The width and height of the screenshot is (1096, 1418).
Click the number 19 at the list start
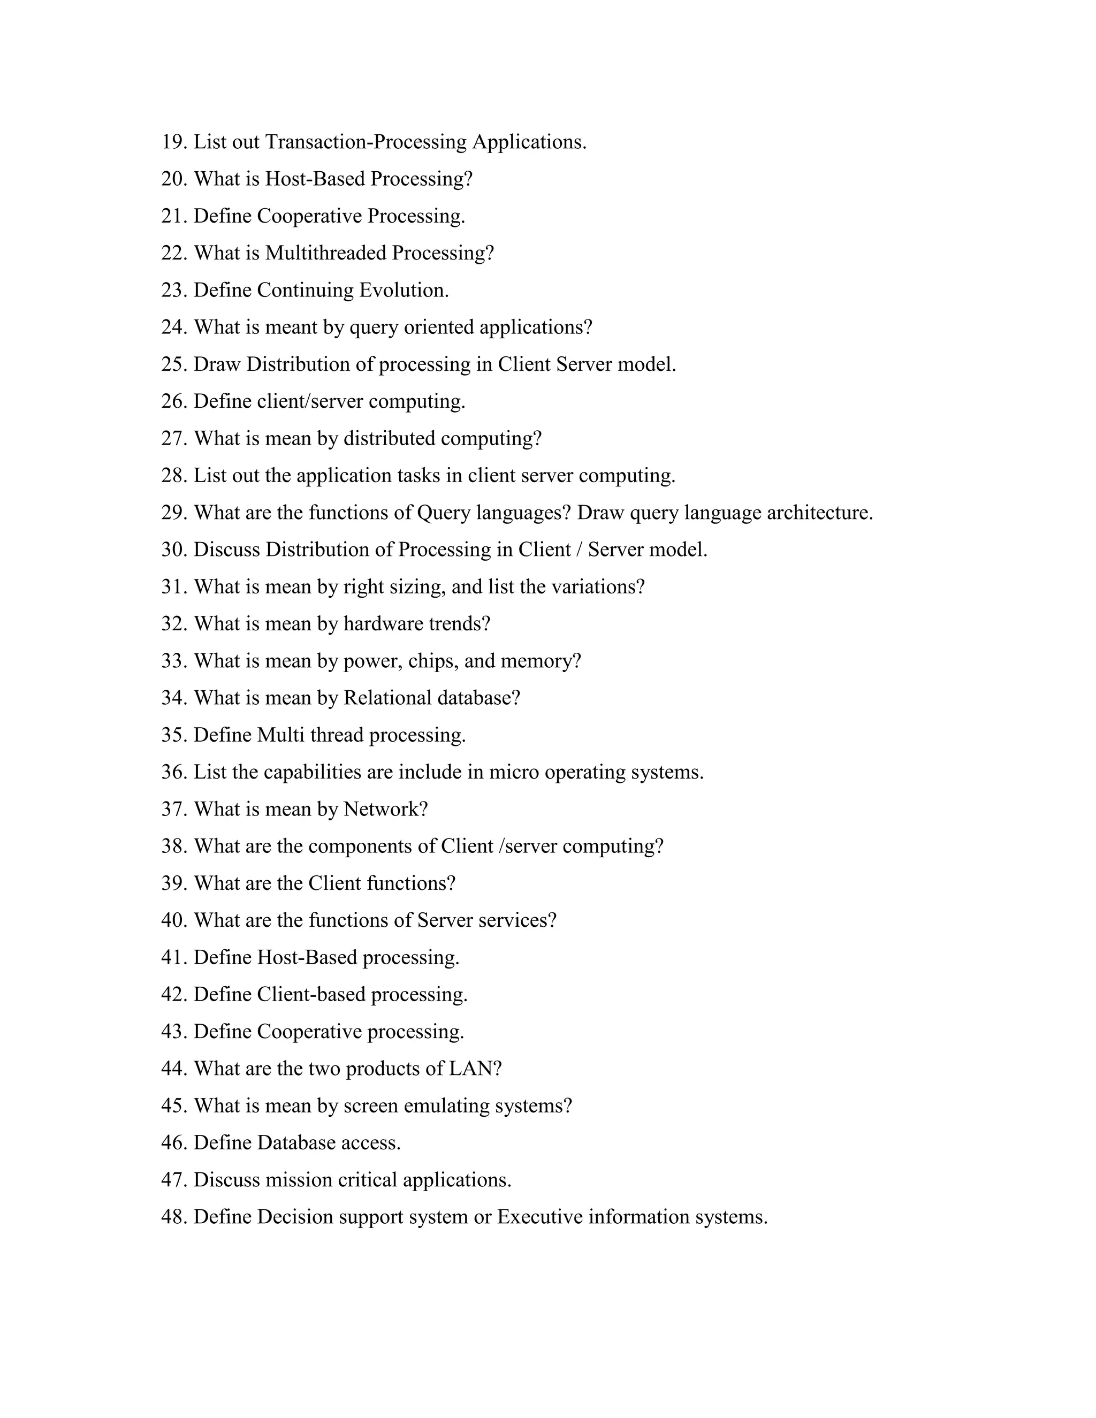(173, 142)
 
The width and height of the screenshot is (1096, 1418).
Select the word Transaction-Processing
(366, 142)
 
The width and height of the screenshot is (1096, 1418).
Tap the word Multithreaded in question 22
(325, 253)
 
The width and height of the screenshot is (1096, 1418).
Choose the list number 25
(173, 364)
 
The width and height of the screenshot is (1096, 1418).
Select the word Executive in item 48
(539, 1217)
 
